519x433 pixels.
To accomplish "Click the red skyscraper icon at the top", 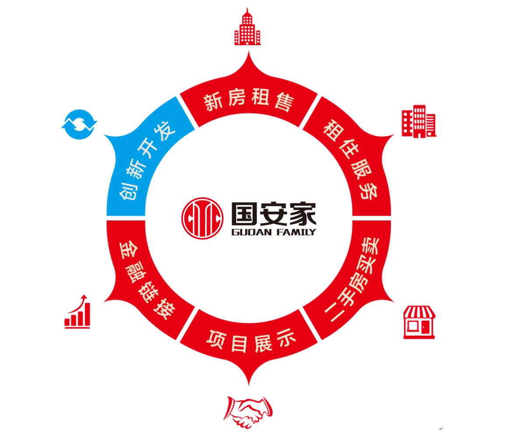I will [247, 27].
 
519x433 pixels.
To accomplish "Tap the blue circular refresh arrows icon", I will [79, 124].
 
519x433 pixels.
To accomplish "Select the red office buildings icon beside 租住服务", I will [419, 121].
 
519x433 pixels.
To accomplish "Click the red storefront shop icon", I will [419, 322].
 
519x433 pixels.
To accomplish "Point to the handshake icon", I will [248, 412].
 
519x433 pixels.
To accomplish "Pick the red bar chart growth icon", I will [78, 312].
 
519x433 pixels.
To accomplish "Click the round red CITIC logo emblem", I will [202, 218].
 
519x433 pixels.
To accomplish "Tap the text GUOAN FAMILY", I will [273, 232].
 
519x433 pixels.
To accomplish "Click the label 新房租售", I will [248, 102].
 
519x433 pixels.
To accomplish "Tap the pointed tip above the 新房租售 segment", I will [248, 53].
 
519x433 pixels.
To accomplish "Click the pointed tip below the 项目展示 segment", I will [249, 383].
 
